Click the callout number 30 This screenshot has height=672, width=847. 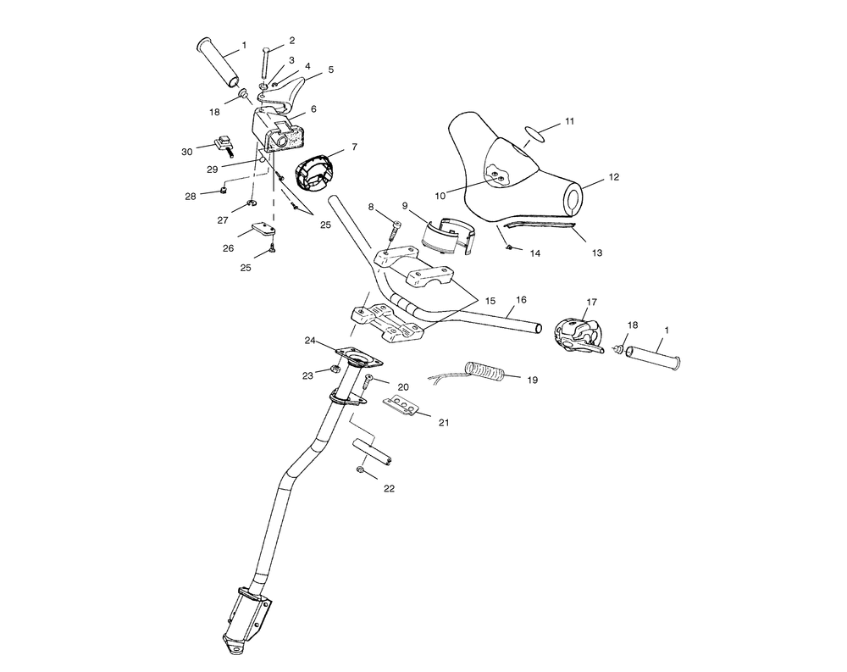[x=186, y=152]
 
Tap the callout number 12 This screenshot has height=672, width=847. [x=613, y=177]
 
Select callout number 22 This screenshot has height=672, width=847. [x=389, y=489]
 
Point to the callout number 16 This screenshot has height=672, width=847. [x=521, y=299]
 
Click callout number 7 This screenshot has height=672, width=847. [x=354, y=147]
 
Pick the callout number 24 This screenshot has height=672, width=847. [x=309, y=341]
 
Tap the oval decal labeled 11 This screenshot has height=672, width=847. [x=535, y=134]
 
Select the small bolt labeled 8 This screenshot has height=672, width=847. [x=393, y=230]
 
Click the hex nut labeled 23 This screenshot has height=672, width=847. [x=334, y=369]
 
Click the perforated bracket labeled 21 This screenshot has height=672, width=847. [x=401, y=406]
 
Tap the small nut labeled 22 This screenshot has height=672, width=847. [x=359, y=470]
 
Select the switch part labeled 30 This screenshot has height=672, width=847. [x=222, y=144]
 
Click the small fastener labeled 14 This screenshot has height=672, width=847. [x=509, y=247]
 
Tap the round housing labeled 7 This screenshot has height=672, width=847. [x=313, y=173]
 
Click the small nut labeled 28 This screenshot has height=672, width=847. [x=222, y=191]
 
